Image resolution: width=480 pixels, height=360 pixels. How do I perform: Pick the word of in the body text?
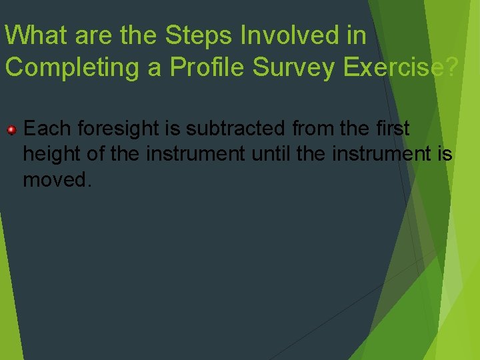click(96, 154)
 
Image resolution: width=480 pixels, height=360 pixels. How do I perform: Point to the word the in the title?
click(140, 35)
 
